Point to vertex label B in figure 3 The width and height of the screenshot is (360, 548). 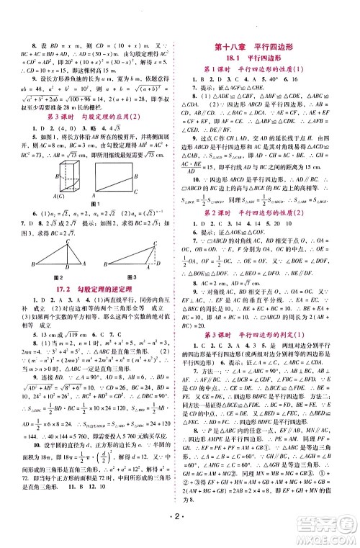click(107, 264)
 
